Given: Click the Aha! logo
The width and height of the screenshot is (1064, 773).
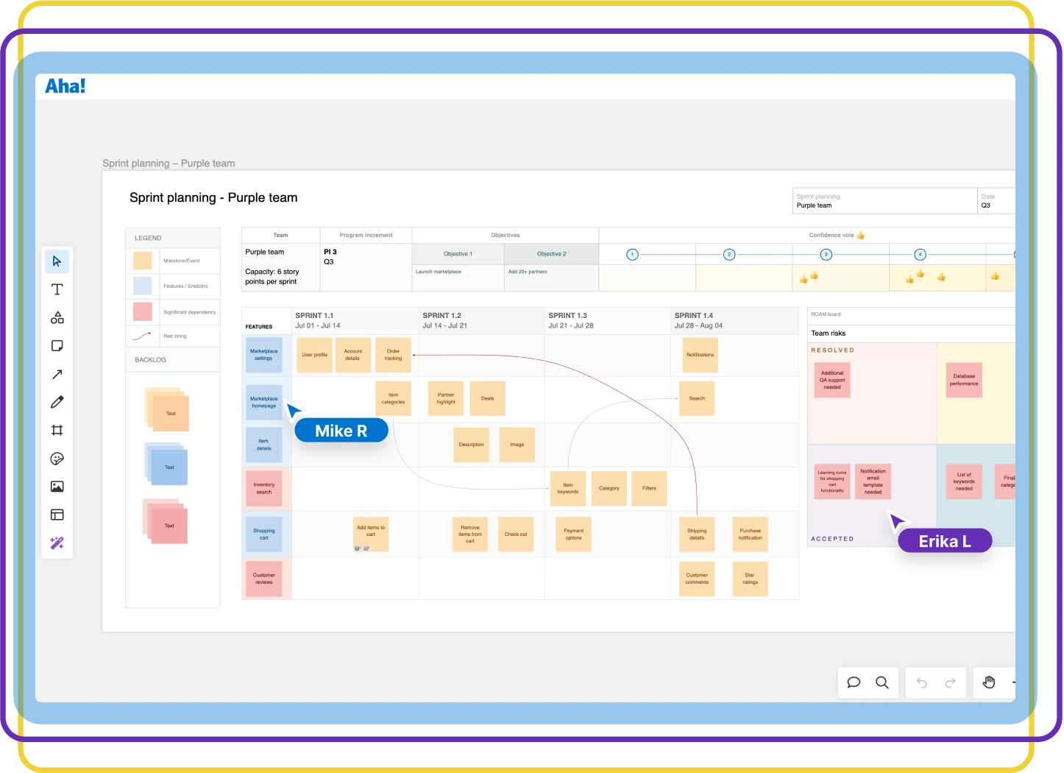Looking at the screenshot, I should (65, 86).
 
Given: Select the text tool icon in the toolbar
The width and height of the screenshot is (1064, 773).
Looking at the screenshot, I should (57, 289).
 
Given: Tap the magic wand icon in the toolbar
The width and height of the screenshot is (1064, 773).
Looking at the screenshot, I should (57, 543).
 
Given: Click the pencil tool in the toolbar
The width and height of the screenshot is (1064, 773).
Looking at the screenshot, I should (57, 402).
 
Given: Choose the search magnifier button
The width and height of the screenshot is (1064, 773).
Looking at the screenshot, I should (882, 682).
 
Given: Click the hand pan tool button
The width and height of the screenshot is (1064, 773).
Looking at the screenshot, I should (989, 682).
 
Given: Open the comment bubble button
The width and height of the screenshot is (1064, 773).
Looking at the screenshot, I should (854, 682).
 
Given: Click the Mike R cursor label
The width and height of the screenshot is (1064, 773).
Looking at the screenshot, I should (341, 431).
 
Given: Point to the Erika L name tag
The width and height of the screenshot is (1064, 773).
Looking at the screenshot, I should (945, 541).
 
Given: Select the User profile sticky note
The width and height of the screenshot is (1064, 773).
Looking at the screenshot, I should (314, 355).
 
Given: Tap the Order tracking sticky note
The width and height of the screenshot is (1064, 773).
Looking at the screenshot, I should (393, 355).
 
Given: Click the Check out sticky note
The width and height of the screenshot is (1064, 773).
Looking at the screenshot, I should (516, 534).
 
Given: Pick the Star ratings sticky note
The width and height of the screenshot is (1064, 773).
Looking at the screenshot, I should (750, 579).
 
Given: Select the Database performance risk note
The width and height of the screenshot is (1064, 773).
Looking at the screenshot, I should (964, 380).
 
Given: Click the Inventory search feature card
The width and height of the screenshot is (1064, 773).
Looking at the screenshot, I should (264, 488).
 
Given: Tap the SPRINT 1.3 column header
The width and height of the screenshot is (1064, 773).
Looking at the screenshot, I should (567, 316).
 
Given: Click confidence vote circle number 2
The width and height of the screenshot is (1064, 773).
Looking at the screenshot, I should (728, 255).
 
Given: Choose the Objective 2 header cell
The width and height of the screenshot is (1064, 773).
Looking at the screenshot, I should (551, 254).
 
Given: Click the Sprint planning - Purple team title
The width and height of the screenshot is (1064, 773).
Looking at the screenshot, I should (213, 197).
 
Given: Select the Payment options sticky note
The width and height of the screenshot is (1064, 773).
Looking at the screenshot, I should (573, 534).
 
